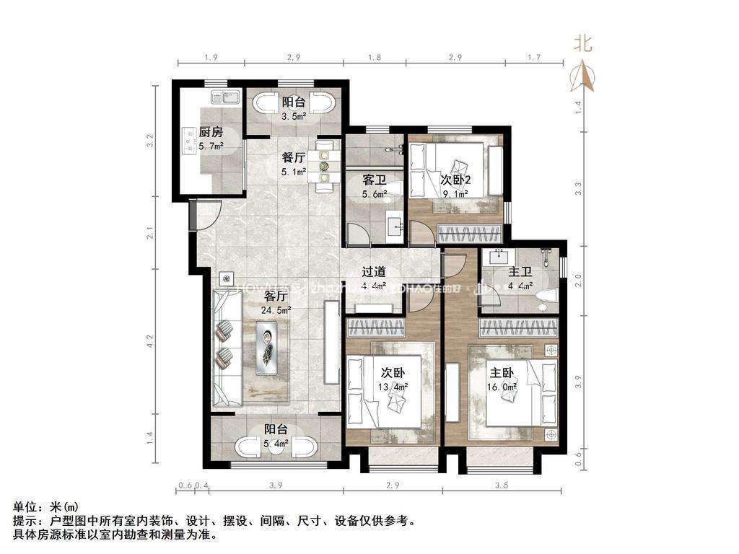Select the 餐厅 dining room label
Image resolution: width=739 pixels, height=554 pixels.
292,158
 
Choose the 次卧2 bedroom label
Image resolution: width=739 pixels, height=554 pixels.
456,180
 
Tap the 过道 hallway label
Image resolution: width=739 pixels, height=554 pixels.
373,272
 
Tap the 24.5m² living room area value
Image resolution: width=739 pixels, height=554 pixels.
276,310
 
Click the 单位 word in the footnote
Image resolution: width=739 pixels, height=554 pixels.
24,507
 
